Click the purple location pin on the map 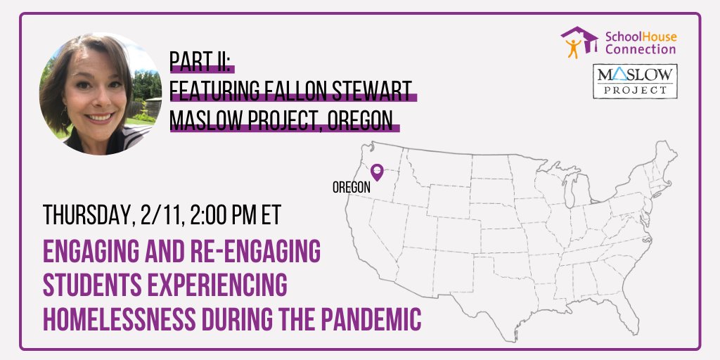[x=377, y=172]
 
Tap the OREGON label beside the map [x=352, y=187]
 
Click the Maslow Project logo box [x=635, y=82]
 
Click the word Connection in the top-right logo [x=640, y=49]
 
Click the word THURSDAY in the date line [x=86, y=214]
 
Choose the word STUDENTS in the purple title [x=92, y=285]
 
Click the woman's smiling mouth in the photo [x=100, y=117]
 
